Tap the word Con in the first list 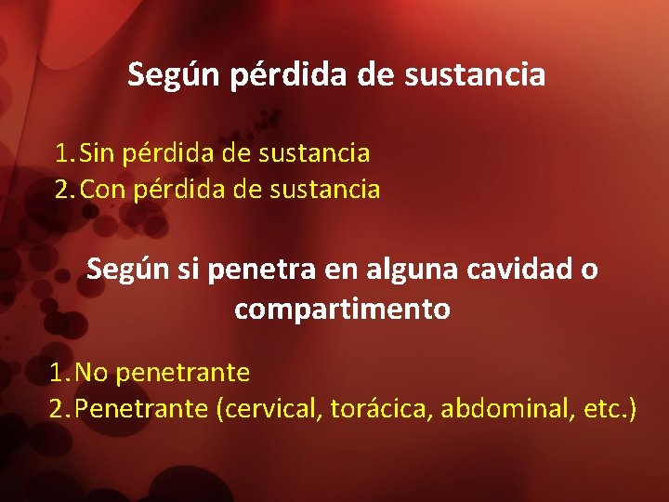(103, 190)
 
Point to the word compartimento (342, 309)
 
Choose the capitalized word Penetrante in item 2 (141, 409)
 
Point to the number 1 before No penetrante (58, 373)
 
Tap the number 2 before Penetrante (58, 409)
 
